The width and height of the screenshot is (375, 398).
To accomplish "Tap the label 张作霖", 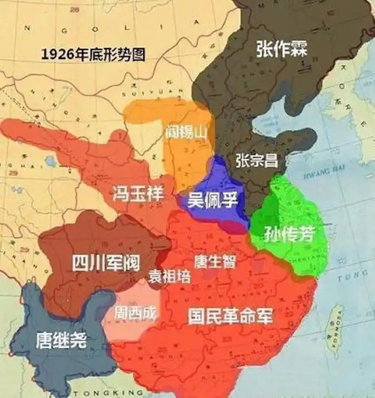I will click(281, 48).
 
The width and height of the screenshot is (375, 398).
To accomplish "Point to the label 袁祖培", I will click(169, 276).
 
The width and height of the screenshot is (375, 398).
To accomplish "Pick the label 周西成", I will click(135, 312).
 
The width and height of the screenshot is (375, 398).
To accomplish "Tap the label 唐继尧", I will click(61, 340).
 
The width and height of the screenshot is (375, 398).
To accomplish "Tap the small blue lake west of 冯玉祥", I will click(51, 161).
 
